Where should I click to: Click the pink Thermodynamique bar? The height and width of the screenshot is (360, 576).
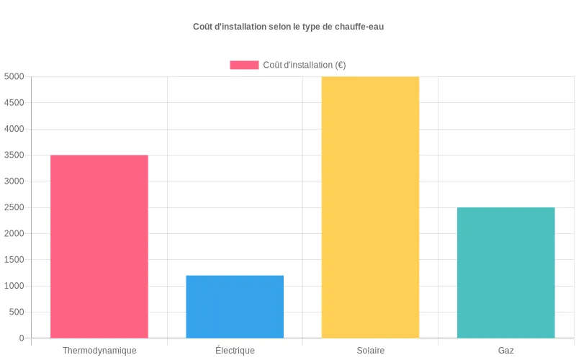pos(99,246)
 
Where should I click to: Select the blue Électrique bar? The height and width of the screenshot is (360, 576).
pos(235,306)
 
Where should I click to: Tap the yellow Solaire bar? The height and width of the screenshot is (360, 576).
pos(370,207)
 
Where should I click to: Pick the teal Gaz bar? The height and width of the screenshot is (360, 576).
pos(505,272)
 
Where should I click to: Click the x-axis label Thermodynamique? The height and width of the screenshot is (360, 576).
pos(99,351)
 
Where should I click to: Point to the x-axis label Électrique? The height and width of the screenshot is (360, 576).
pos(235,351)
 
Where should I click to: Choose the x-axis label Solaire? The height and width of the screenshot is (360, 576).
pos(370,351)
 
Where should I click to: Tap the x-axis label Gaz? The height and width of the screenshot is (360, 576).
pos(505,351)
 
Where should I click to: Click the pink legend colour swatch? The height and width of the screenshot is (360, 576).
pos(244,65)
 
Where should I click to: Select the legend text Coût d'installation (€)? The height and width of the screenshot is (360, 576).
pos(305,65)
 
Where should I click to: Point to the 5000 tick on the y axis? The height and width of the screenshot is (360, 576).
pos(14,76)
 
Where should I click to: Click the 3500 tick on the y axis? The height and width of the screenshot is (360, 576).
pos(14,155)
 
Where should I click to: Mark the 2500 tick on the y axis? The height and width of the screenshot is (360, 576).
pos(14,207)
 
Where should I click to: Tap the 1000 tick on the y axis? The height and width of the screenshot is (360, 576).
pos(14,286)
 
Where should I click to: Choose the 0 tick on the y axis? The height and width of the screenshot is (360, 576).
pos(22,338)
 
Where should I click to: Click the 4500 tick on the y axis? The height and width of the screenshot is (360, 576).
pos(14,103)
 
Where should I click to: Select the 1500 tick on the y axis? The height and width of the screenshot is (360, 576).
pos(14,259)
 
